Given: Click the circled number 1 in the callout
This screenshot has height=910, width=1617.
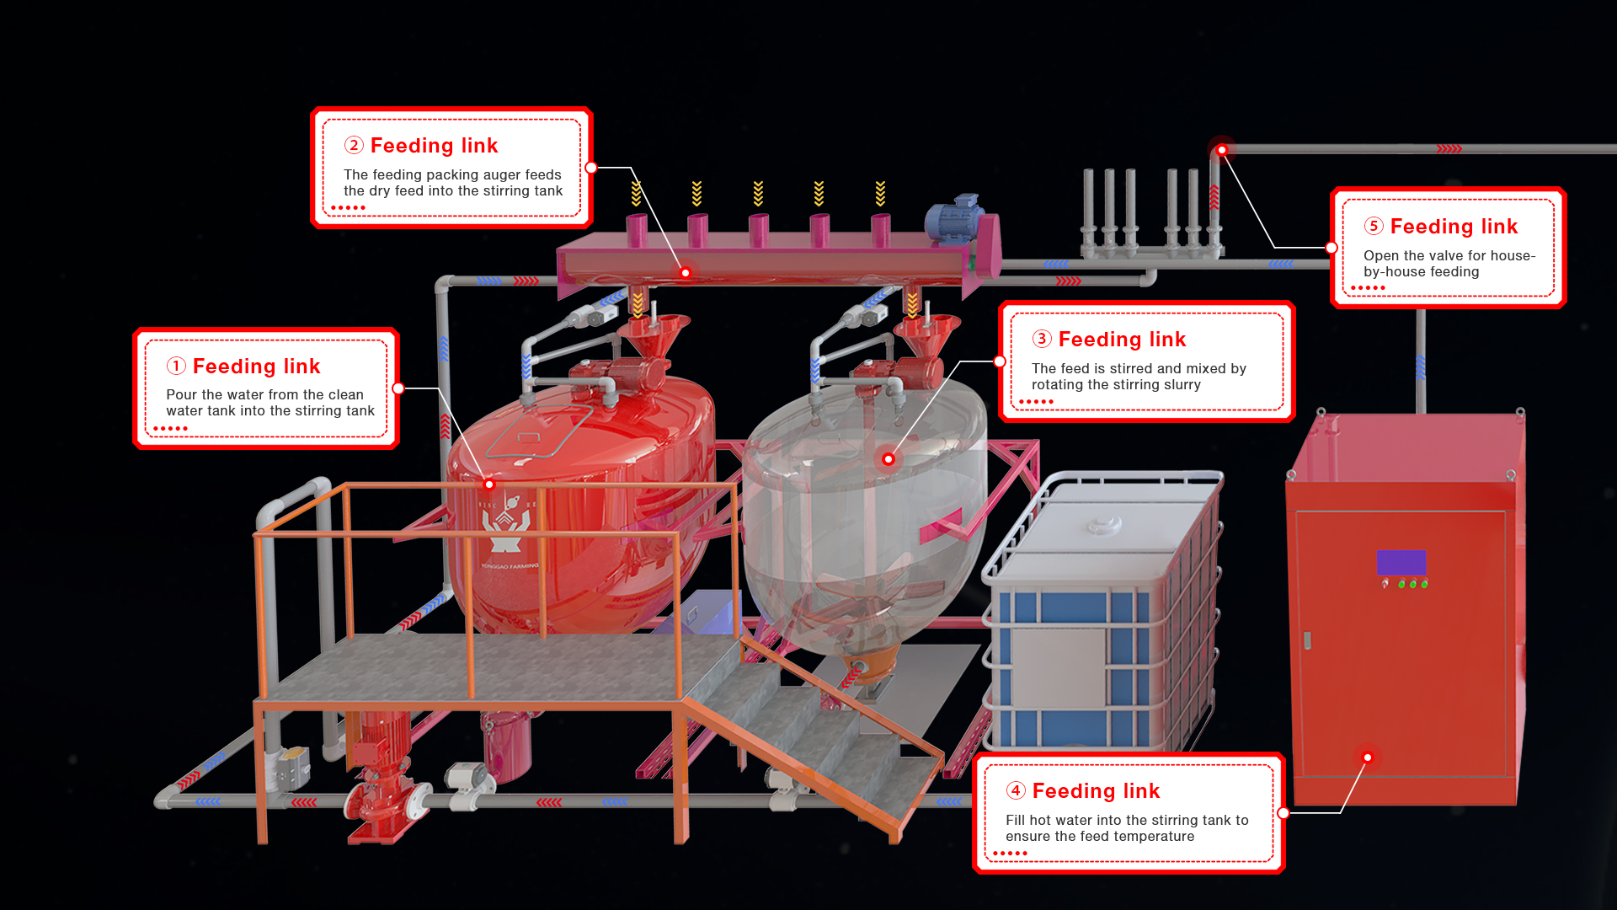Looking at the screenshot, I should (x=176, y=366).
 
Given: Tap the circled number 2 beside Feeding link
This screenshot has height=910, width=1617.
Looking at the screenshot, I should (x=354, y=145).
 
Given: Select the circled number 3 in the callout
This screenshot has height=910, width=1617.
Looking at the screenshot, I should (x=1042, y=339).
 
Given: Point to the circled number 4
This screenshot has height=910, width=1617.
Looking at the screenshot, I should (x=1016, y=790).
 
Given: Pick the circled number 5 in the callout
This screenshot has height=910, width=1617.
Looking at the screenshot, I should (x=1374, y=226).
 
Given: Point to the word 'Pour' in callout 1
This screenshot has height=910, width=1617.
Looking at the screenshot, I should (x=181, y=394).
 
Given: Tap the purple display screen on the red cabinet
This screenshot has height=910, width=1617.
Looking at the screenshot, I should (x=1401, y=562).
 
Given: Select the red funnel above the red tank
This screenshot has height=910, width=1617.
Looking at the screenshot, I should (x=654, y=335).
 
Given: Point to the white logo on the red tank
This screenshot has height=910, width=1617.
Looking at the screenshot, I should (x=507, y=522).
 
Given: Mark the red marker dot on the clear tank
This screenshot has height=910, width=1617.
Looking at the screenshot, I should (x=888, y=459).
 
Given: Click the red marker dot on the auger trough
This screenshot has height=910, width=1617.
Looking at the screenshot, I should (x=686, y=273).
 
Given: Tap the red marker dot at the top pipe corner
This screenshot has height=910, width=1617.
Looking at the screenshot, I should (x=1221, y=150).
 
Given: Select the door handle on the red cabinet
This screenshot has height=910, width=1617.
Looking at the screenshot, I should (x=1306, y=640).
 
